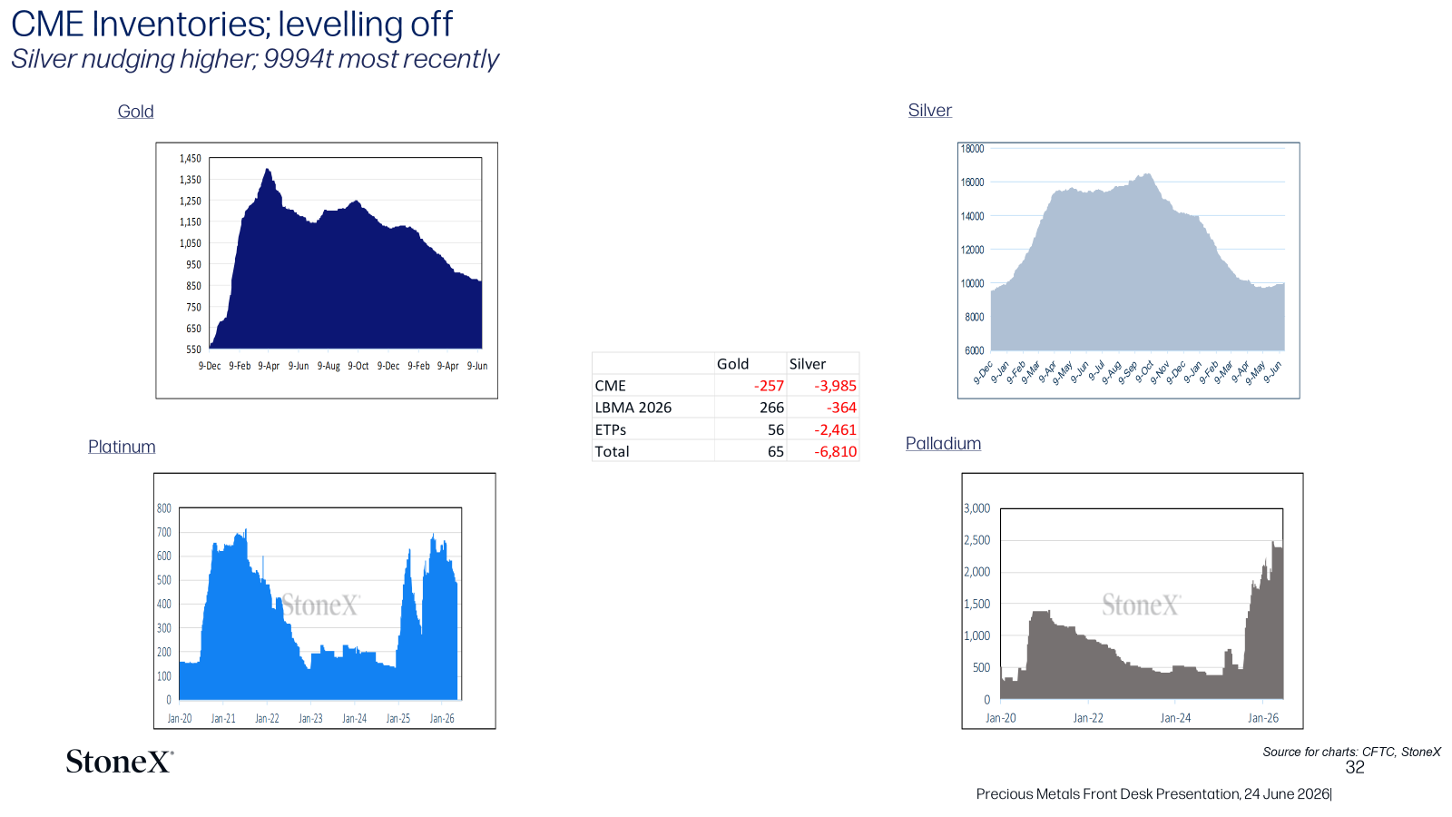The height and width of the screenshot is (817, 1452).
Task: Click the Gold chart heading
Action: coord(135,112)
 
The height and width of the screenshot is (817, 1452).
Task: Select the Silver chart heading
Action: coord(929,110)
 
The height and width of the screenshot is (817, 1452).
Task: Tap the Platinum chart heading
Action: coord(122,447)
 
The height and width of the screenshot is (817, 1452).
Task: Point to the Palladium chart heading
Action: coord(943,444)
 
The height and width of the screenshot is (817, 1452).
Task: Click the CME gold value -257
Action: coord(769,386)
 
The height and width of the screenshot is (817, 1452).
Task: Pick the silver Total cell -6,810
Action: coord(836,451)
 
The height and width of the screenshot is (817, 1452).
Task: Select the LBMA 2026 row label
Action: coord(633,408)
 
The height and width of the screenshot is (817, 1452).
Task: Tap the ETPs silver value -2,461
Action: coord(836,429)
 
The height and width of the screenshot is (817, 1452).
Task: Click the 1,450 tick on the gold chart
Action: coord(191,158)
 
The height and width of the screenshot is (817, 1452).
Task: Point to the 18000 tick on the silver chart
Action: coord(972,149)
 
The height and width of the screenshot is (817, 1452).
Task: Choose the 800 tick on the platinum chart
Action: coord(164,508)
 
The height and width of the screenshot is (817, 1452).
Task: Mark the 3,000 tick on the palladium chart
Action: coord(976,508)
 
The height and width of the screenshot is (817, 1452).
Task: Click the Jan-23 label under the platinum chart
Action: coord(310,718)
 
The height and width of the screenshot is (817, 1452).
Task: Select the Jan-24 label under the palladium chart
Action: coord(1175,718)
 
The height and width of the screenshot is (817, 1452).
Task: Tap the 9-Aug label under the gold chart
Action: coord(329,366)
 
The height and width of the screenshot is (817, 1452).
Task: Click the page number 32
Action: coord(1355,768)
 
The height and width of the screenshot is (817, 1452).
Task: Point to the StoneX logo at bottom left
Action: coord(120,762)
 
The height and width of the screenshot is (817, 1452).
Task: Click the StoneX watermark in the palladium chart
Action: coord(1141,605)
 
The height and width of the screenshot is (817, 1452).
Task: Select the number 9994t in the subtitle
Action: coord(298,59)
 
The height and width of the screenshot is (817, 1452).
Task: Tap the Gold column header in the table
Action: coord(732,364)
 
